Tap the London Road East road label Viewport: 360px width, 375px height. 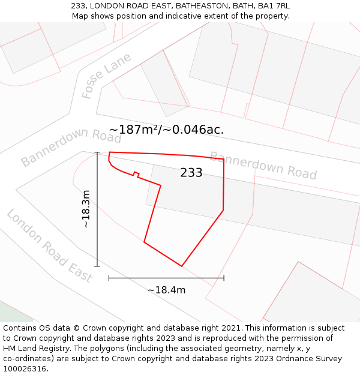tap(50, 246)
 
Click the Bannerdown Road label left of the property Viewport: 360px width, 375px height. tap(71, 146)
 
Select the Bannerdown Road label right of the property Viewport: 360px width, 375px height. tap(263, 165)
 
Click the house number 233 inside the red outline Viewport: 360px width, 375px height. tap(191, 173)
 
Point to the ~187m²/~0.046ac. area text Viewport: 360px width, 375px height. tap(166, 130)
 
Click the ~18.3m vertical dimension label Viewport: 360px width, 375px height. tap(86, 209)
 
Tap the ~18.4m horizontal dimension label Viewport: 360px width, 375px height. tap(166, 290)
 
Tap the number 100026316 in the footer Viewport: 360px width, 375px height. tap(25, 369)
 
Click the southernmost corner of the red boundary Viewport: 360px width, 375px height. tap(182, 266)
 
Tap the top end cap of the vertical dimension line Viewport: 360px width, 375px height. tap(97, 152)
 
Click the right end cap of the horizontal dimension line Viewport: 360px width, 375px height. tap(224, 278)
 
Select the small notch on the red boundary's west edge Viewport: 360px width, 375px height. tap(136, 175)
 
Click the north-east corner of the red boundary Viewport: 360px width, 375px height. tap(224, 160)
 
